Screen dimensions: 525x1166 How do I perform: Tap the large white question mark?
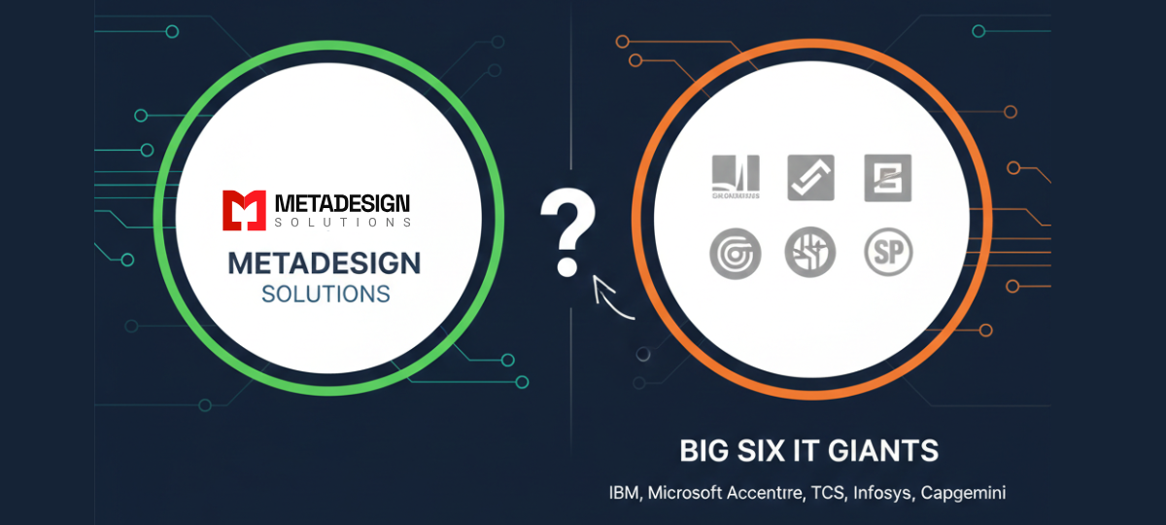click(566, 232)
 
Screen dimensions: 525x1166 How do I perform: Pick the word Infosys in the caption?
click(881, 493)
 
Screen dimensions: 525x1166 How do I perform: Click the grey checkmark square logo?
click(810, 179)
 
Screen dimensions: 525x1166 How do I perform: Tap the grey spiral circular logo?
click(735, 253)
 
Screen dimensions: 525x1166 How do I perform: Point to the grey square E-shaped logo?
click(888, 179)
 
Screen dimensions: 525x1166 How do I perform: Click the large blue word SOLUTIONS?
click(326, 293)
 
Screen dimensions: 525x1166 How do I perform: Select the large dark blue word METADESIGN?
click(325, 262)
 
